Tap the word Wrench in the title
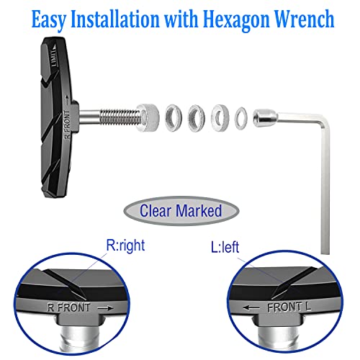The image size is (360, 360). click(x=305, y=19)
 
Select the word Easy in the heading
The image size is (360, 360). click(x=49, y=19)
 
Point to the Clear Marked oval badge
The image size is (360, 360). click(x=181, y=211)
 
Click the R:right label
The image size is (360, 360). click(x=125, y=246)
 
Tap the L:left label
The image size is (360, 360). click(x=225, y=247)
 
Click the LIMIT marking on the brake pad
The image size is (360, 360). click(x=55, y=57)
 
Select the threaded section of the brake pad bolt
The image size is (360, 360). click(x=120, y=117)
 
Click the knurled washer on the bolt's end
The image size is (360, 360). click(x=148, y=117)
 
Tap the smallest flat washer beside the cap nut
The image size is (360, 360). click(x=241, y=119)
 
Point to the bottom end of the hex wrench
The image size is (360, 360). click(x=325, y=253)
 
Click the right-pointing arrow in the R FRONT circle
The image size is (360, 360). click(x=106, y=308)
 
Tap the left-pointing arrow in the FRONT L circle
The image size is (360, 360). click(x=251, y=307)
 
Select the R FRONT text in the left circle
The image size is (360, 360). click(x=68, y=307)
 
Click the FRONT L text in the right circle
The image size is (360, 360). click(x=289, y=307)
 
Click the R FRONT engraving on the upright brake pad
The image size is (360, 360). click(x=68, y=125)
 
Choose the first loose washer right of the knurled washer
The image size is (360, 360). click(x=174, y=118)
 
